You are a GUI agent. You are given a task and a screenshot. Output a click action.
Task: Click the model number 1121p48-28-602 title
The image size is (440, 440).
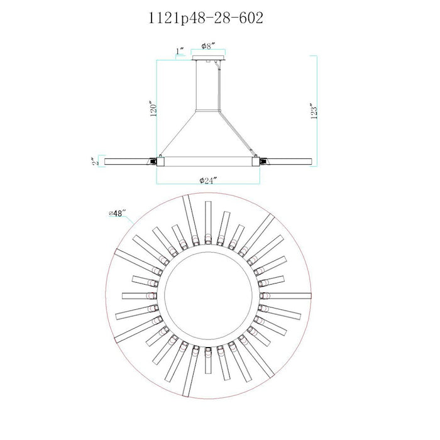coord(206,18)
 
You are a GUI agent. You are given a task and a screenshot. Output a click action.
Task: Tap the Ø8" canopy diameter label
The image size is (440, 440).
coord(208,46)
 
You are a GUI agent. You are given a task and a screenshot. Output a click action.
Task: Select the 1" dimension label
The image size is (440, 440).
coord(180,51)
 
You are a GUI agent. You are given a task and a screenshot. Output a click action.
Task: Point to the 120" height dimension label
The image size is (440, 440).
coord(153,109)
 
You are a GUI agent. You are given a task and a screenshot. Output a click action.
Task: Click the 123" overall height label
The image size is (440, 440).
coord(314,111)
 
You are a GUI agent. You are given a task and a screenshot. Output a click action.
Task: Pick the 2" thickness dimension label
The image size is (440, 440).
coord(96,162)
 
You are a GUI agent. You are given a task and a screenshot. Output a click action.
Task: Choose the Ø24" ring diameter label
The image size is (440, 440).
coord(208,180)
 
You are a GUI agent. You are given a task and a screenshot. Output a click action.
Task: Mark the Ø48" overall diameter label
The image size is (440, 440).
coord(116,213)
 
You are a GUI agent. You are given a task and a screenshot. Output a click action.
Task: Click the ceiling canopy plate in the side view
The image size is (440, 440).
coord(209,58)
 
